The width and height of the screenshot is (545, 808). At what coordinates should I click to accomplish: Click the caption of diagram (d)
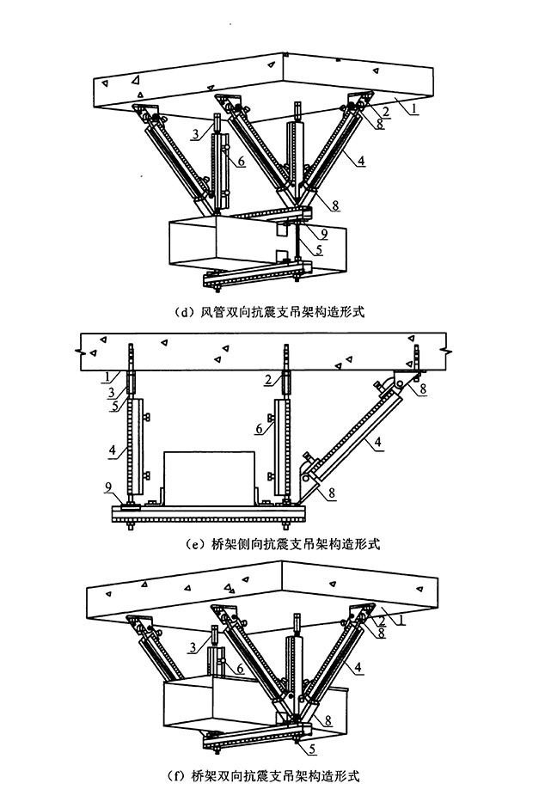pyautogui.click(x=272, y=313)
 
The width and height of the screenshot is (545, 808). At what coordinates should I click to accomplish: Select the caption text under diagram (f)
pyautogui.click(x=272, y=777)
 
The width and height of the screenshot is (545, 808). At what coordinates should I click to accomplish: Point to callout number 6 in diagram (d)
pyautogui.click(x=242, y=160)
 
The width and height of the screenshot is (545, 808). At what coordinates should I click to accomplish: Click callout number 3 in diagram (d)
pyautogui.click(x=196, y=135)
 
